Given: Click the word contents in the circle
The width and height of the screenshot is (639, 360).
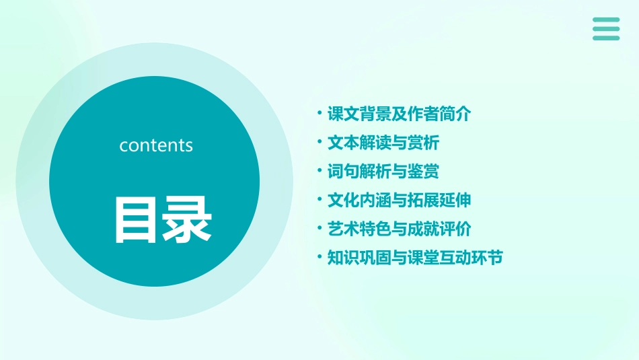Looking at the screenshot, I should pyautogui.click(x=156, y=145).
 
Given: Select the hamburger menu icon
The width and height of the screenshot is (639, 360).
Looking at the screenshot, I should pyautogui.click(x=606, y=29).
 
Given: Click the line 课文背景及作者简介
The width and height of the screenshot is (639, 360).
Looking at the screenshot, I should pyautogui.click(x=398, y=114).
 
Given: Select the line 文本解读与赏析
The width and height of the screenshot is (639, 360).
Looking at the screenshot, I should pyautogui.click(x=383, y=143).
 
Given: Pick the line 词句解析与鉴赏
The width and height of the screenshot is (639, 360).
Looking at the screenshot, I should pyautogui.click(x=383, y=172).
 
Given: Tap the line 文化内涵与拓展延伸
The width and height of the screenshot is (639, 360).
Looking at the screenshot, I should pyautogui.click(x=398, y=201).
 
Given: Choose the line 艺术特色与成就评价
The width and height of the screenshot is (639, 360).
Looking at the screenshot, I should pyautogui.click(x=398, y=229).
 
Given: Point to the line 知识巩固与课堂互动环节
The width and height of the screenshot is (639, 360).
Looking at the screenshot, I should pyautogui.click(x=414, y=258).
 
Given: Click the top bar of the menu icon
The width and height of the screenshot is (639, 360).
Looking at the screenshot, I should pyautogui.click(x=606, y=20).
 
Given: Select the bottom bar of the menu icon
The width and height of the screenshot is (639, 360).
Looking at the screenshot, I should pyautogui.click(x=606, y=38).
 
